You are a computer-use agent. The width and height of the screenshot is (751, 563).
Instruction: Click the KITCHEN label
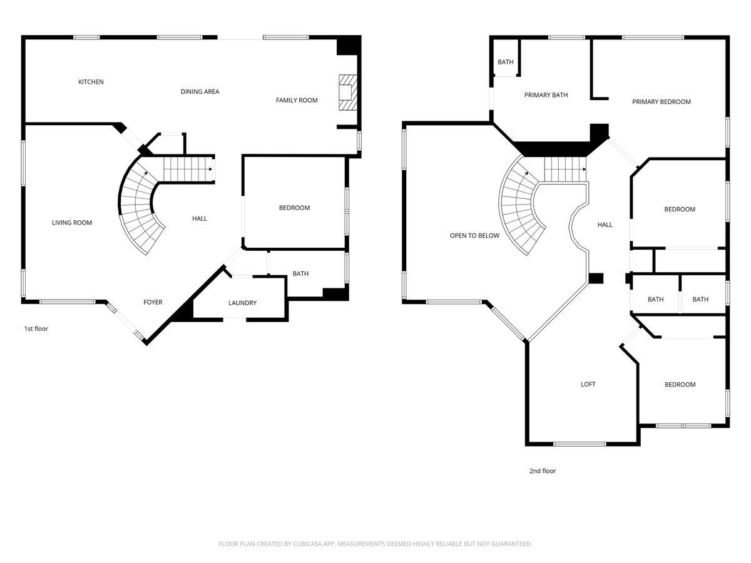[x=91, y=82]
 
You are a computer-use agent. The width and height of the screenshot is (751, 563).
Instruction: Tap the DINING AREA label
[x=200, y=92]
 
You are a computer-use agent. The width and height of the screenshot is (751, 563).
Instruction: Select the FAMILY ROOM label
[x=297, y=100]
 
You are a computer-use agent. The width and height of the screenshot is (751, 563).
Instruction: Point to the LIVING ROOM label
[x=72, y=223]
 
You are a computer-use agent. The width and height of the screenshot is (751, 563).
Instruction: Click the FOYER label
[x=153, y=303]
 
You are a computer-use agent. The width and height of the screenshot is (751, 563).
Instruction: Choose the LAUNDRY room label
[x=242, y=303]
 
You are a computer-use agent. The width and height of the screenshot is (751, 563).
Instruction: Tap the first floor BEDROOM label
[x=294, y=208]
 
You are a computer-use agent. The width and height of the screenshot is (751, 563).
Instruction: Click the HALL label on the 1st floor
[x=200, y=219]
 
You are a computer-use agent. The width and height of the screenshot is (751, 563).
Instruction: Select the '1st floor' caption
[x=36, y=328]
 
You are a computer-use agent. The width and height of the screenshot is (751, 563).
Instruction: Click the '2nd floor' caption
[x=542, y=471]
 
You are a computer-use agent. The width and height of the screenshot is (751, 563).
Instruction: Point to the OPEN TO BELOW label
[x=474, y=236]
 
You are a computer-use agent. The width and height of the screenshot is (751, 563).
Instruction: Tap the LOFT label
[x=588, y=385]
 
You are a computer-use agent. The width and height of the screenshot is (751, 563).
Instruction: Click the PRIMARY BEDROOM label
[x=661, y=102]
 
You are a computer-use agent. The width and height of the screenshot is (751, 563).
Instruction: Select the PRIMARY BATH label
[x=546, y=95]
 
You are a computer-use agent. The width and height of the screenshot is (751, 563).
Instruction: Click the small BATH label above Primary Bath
[x=506, y=62]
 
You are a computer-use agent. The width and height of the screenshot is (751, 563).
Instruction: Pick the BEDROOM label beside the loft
[x=680, y=385]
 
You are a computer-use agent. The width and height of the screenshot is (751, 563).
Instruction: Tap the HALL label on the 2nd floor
[x=605, y=225]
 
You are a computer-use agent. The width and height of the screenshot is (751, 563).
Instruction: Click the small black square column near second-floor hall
[x=596, y=279]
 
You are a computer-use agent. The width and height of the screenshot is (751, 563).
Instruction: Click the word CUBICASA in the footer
[x=309, y=544]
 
